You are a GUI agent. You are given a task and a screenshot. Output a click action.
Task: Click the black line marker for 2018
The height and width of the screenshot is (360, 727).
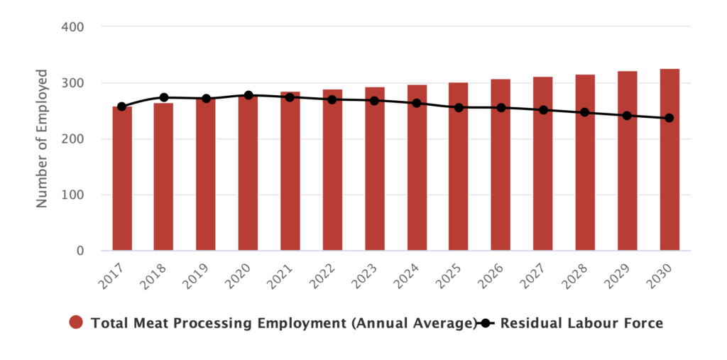pyautogui.click(x=164, y=97)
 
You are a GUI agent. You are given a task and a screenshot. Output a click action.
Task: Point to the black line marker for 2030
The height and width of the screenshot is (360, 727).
pyautogui.click(x=669, y=118)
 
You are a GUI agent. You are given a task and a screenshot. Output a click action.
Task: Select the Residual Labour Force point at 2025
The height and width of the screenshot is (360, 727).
pyautogui.click(x=459, y=108)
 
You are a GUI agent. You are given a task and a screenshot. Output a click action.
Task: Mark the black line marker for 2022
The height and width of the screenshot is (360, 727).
pyautogui.click(x=332, y=99)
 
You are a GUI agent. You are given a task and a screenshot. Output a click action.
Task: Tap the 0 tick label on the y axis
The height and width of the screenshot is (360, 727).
pyautogui.click(x=80, y=251)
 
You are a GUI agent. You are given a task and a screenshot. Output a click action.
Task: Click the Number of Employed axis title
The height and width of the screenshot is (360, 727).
pyautogui.click(x=43, y=138)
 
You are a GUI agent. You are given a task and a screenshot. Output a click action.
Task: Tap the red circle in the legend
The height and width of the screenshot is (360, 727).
pyautogui.click(x=77, y=323)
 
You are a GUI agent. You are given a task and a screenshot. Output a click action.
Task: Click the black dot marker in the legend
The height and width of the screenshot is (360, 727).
pyautogui.click(x=486, y=323)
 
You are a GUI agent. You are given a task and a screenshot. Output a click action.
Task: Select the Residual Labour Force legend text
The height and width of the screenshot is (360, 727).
pyautogui.click(x=581, y=323)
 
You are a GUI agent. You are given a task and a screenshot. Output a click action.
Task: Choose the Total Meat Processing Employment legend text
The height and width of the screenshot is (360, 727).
pyautogui.click(x=283, y=323)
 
